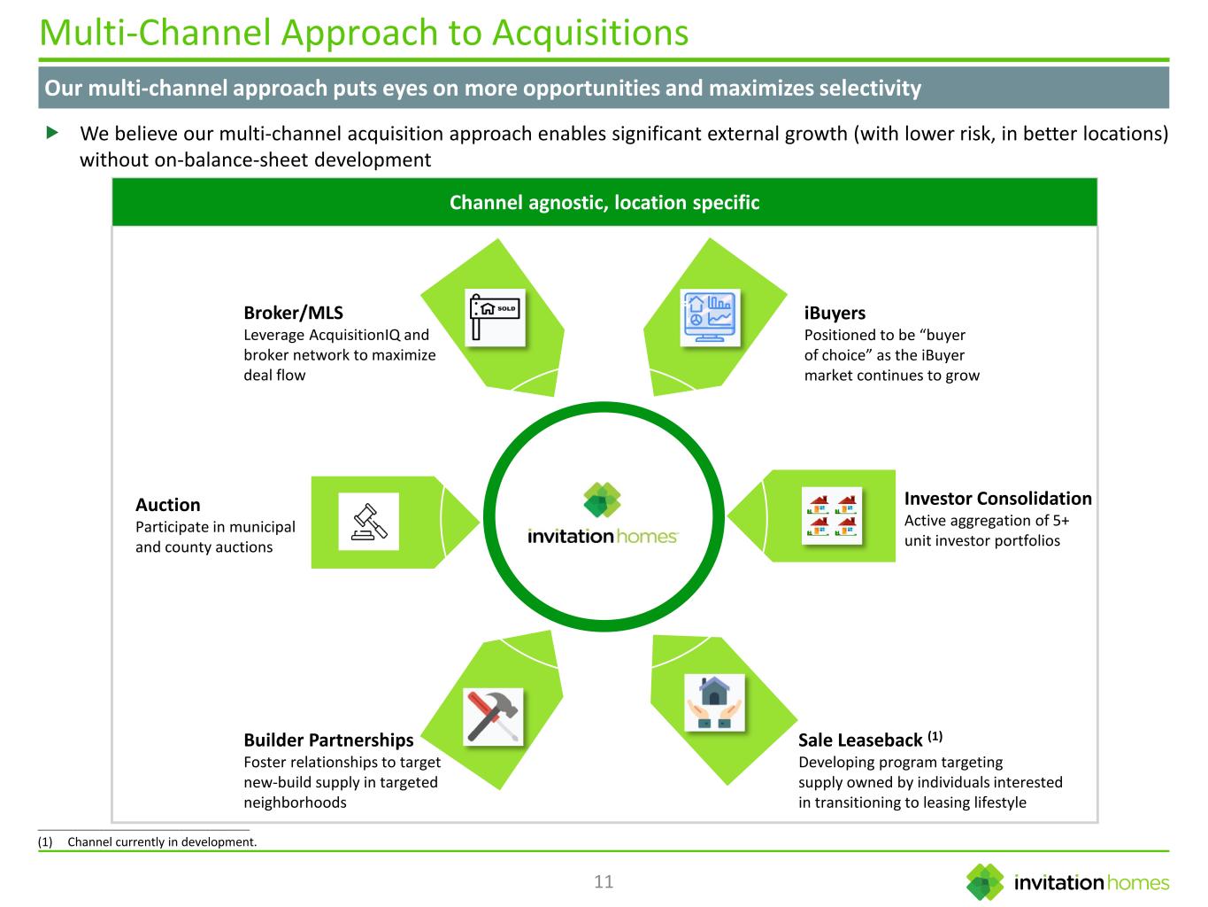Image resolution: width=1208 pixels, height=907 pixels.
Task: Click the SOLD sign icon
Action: (x=496, y=316)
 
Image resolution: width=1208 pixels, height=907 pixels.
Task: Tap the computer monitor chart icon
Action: (x=708, y=316)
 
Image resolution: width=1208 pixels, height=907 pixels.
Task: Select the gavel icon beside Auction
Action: (x=369, y=521)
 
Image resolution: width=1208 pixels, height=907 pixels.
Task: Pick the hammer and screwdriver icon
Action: (x=494, y=716)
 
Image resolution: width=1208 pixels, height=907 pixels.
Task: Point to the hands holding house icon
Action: (x=713, y=703)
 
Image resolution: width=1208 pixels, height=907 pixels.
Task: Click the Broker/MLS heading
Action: (x=293, y=313)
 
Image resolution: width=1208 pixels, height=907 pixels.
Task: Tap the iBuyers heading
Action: (x=835, y=313)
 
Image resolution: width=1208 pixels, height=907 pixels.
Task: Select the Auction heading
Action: (x=168, y=505)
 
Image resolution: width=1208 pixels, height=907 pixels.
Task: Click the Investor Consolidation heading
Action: (x=997, y=499)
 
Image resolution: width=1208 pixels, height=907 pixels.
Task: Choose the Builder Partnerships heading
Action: (x=328, y=740)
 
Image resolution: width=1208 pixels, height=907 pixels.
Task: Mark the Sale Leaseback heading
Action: (x=860, y=740)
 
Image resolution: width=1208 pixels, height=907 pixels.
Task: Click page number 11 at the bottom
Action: (x=604, y=881)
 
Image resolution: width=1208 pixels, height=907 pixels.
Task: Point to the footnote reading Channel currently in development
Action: (x=162, y=841)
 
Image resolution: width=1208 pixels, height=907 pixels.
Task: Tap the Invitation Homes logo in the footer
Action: (x=1067, y=882)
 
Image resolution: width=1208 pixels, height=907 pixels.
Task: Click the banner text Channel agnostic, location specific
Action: (x=604, y=203)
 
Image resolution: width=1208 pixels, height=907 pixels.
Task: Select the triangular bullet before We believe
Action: (x=51, y=133)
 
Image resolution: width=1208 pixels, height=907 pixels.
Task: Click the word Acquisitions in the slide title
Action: (x=590, y=33)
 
